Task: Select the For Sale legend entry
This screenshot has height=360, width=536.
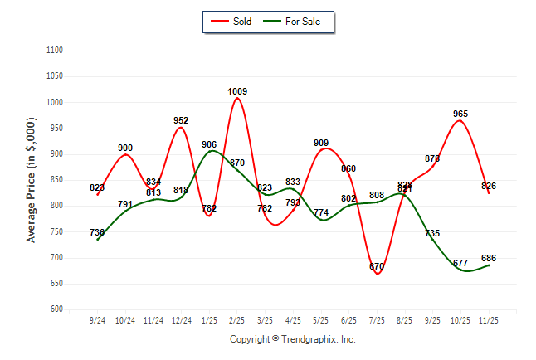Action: [296, 21]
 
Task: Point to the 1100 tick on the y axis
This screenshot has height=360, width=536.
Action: [55, 51]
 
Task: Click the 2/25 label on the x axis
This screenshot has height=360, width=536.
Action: [237, 319]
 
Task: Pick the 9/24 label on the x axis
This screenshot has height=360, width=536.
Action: [98, 319]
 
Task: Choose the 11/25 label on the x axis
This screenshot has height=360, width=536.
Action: [489, 319]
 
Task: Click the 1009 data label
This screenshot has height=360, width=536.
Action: [237, 91]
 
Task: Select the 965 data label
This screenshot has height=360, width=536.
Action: [460, 114]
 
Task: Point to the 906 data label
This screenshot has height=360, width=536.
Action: [209, 144]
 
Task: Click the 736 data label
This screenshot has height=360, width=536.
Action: [97, 232]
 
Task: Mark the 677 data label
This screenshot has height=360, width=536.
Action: [460, 263]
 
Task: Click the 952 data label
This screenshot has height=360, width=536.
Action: [181, 120]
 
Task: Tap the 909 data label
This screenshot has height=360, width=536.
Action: [321, 143]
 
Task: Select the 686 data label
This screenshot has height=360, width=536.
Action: [489, 258]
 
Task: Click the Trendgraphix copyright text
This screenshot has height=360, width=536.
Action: [292, 339]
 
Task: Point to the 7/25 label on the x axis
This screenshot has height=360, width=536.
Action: [377, 319]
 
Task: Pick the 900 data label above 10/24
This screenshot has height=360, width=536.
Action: [125, 148]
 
